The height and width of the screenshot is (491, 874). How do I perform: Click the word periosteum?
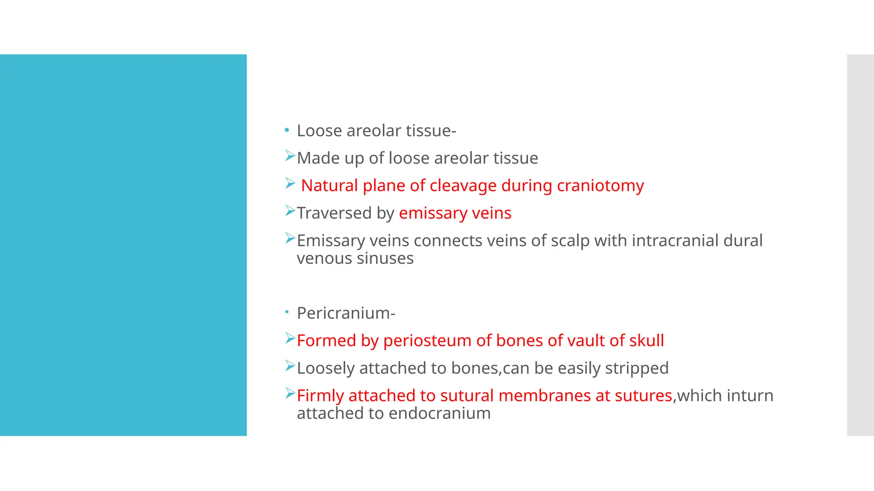coord(427,341)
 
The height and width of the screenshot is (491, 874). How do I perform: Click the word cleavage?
coord(463,186)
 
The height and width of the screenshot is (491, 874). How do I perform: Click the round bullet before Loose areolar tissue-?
coord(287,130)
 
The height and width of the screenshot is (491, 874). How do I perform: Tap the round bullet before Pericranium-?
coord(287,312)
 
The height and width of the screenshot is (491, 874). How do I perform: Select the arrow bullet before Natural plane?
coord(290,184)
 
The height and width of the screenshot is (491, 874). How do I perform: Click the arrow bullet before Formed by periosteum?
coord(290,339)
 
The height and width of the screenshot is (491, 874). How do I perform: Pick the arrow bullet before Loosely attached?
coord(290,366)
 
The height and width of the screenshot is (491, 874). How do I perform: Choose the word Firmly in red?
coord(320,396)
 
